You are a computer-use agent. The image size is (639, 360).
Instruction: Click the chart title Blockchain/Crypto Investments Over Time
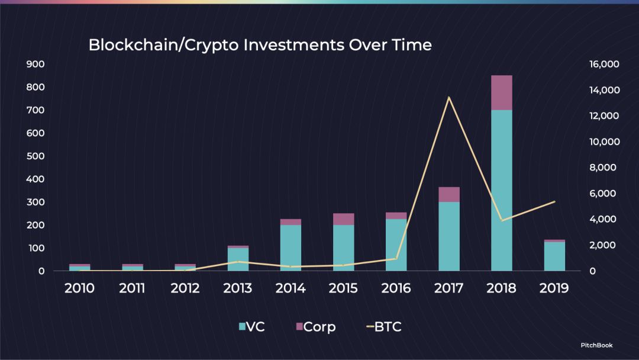pyautogui.click(x=260, y=45)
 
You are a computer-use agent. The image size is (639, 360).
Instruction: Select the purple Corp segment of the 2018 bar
pyautogui.click(x=502, y=92)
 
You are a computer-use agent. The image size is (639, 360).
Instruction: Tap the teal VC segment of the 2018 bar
pyautogui.click(x=502, y=191)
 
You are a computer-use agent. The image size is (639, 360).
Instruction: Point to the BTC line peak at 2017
pyautogui.click(x=448, y=98)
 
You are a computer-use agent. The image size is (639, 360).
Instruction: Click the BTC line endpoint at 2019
pyautogui.click(x=554, y=201)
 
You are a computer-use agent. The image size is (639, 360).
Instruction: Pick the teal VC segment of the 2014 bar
pyautogui.click(x=291, y=248)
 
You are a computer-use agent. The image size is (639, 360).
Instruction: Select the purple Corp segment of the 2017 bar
pyautogui.click(x=449, y=194)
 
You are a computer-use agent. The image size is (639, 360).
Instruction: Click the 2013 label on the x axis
pyautogui.click(x=238, y=288)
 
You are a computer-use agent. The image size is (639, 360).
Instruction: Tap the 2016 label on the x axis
pyautogui.click(x=396, y=288)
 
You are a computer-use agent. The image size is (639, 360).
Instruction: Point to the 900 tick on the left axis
pyautogui.click(x=35, y=64)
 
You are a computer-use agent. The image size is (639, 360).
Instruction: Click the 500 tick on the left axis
pyautogui.click(x=35, y=156)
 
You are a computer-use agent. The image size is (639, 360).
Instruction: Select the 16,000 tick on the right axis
pyautogui.click(x=604, y=64)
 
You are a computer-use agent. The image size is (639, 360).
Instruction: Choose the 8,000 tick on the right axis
pyautogui.click(x=603, y=168)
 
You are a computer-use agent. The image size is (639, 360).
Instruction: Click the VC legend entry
pyautogui.click(x=252, y=327)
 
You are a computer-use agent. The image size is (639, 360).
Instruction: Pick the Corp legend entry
pyautogui.click(x=316, y=327)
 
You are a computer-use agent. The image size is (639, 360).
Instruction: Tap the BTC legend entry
pyautogui.click(x=385, y=327)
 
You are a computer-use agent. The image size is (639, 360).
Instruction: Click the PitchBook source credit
pyautogui.click(x=596, y=345)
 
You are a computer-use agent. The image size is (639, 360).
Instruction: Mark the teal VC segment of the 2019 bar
pyautogui.click(x=554, y=256)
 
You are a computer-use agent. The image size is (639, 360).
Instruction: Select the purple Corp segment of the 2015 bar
pyautogui.click(x=344, y=219)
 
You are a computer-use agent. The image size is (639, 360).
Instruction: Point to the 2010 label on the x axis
pyautogui.click(x=79, y=288)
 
